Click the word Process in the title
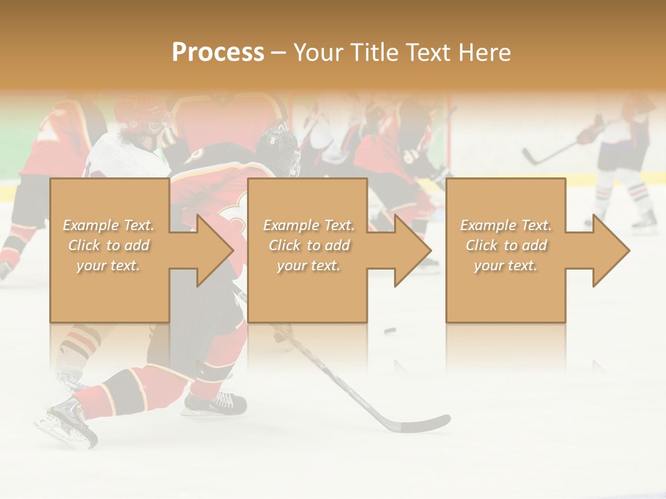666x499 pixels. [218, 53]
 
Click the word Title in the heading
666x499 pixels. [375, 53]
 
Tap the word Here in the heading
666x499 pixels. [485, 53]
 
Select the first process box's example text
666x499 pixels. [108, 245]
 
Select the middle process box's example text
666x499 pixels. [309, 245]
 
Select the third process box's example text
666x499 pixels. [506, 245]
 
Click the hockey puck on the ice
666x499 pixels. [391, 331]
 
